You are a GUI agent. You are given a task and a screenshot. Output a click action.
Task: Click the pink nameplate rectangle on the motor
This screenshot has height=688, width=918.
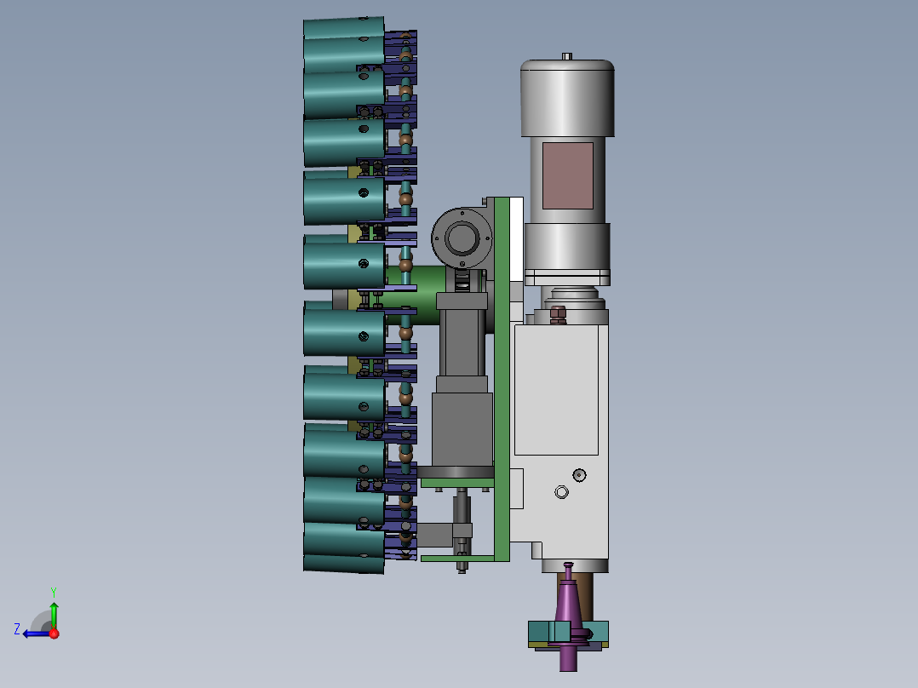pyautogui.click(x=567, y=175)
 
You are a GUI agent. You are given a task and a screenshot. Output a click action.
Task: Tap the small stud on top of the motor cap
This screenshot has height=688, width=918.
pyautogui.click(x=567, y=56)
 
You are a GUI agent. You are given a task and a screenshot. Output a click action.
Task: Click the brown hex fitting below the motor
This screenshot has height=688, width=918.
pyautogui.click(x=558, y=315)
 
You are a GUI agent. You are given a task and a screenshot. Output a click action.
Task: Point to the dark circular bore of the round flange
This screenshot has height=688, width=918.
pyautogui.click(x=462, y=238)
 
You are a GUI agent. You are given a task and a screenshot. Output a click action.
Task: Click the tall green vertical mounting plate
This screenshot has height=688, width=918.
pyautogui.click(x=502, y=379)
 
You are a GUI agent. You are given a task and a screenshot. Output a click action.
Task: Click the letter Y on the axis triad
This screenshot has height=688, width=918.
pyautogui.click(x=54, y=592)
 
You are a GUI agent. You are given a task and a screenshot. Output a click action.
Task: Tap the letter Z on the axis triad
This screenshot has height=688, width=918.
pyautogui.click(x=17, y=629)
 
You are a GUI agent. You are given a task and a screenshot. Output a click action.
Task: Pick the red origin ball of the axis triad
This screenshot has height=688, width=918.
pyautogui.click(x=55, y=634)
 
